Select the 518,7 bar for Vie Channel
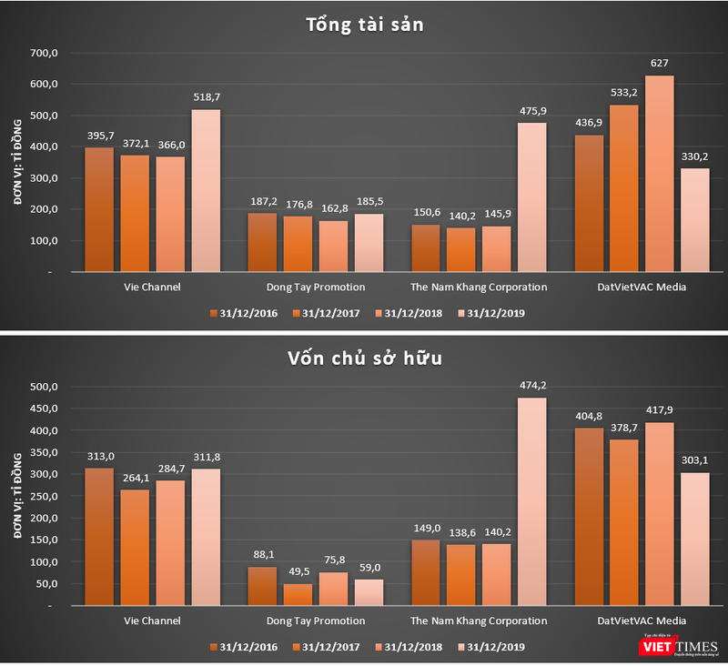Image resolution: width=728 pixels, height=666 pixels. pyautogui.click(x=205, y=190)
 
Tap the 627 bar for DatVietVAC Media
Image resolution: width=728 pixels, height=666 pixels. pyautogui.click(x=660, y=174)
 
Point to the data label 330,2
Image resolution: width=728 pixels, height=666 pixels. pyautogui.click(x=695, y=156)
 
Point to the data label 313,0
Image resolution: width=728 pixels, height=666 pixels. pyautogui.click(x=98, y=457)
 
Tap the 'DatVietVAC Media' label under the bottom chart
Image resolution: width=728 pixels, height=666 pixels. pyautogui.click(x=642, y=621)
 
